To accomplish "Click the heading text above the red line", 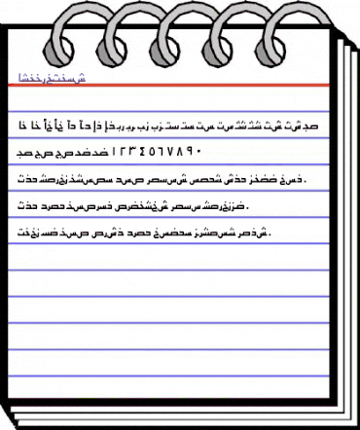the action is pyautogui.click(x=58, y=78).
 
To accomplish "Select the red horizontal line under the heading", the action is pyautogui.click(x=175, y=88).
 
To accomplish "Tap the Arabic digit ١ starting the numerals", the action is pyautogui.click(x=120, y=152).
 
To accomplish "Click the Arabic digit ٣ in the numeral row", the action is pyautogui.click(x=139, y=152).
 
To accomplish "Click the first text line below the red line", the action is pyautogui.click(x=175, y=125).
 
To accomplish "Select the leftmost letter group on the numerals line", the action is pyautogui.click(x=38, y=153).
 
